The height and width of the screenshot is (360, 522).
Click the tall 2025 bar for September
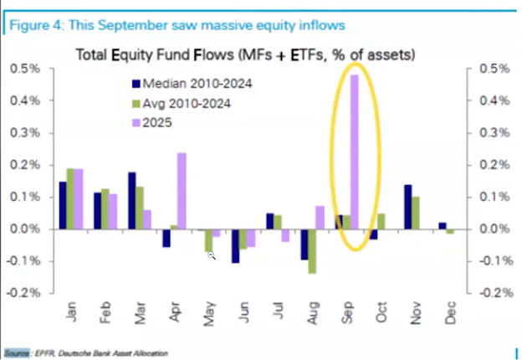pyautogui.click(x=355, y=152)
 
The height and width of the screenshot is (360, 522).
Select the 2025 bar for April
pyautogui.click(x=182, y=191)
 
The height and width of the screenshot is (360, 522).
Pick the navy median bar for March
pyautogui.click(x=132, y=200)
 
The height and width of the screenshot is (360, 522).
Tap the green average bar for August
pyautogui.click(x=312, y=251)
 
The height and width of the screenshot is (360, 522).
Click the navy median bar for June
pyautogui.click(x=236, y=246)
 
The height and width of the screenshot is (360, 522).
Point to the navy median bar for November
pyautogui.click(x=408, y=207)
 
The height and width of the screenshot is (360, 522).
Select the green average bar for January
pyautogui.click(x=70, y=198)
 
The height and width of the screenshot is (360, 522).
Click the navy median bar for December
pyautogui.click(x=443, y=226)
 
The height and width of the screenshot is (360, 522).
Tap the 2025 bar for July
pyautogui.click(x=285, y=235)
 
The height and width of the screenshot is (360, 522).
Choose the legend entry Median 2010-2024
pyautogui.click(x=192, y=84)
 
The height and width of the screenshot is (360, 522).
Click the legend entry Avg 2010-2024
pyautogui.click(x=182, y=104)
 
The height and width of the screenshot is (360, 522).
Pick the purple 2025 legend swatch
pyautogui.click(x=136, y=123)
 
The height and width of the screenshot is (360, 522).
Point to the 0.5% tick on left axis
pyautogui.click(x=25, y=69)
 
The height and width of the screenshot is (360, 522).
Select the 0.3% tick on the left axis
pyautogui.click(x=25, y=133)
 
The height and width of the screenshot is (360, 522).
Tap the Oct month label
pyautogui.click(x=381, y=312)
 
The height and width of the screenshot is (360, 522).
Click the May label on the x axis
pyautogui.click(x=209, y=314)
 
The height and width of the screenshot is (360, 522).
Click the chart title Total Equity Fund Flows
pyautogui.click(x=155, y=54)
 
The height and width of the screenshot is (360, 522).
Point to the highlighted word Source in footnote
pyautogui.click(x=17, y=353)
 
